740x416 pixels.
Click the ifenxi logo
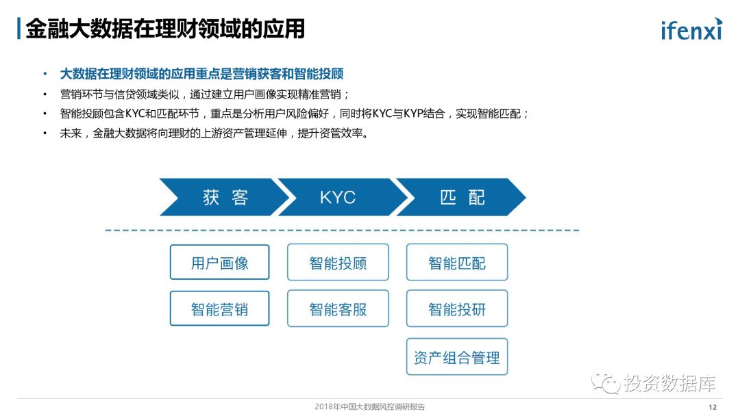[x=691, y=29]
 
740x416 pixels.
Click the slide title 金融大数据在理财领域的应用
[x=164, y=29]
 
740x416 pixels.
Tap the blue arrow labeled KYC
[x=338, y=198]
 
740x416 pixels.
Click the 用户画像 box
[x=219, y=263]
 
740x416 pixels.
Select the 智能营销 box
[x=219, y=309]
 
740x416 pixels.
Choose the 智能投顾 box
[x=338, y=263]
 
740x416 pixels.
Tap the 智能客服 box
[x=338, y=309]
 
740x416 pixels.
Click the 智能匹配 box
[x=457, y=263]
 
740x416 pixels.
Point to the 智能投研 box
[x=457, y=309]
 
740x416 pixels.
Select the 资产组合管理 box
[x=457, y=357]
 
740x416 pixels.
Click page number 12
[x=713, y=407]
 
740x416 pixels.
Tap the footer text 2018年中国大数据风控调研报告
[x=369, y=407]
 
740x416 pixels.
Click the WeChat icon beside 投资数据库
[x=606, y=384]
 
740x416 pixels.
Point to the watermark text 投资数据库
[x=669, y=384]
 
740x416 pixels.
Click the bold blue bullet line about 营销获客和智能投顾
[x=201, y=74]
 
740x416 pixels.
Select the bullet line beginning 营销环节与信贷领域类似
[x=205, y=94]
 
